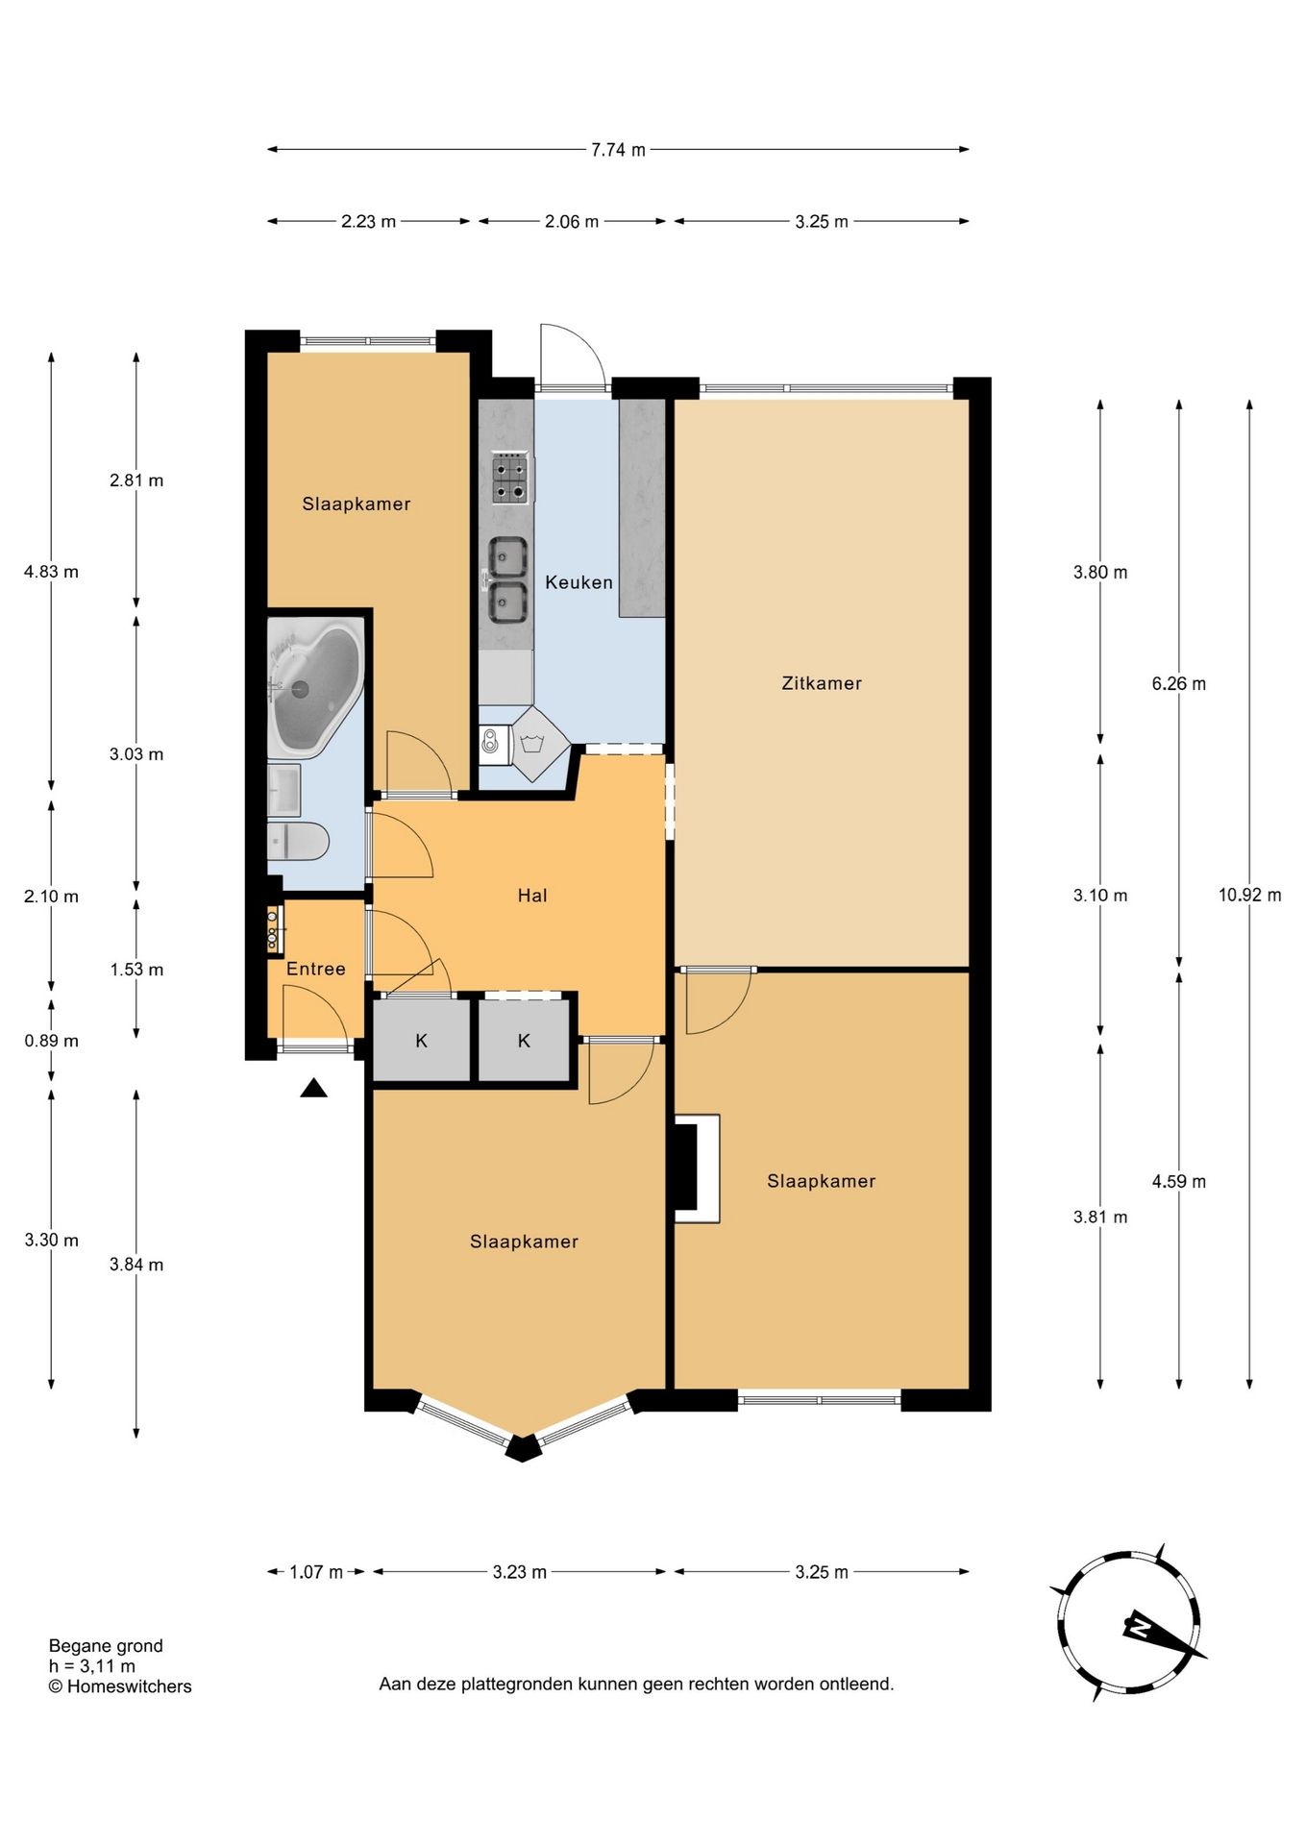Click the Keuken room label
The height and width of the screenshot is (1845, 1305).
click(x=579, y=582)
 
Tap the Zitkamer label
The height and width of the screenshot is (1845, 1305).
click(x=822, y=683)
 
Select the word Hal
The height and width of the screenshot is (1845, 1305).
click(x=532, y=896)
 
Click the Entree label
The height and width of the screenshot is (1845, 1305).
click(x=316, y=969)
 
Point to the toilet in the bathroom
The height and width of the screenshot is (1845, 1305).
click(x=298, y=842)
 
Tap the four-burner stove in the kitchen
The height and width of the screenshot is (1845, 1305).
click(x=511, y=480)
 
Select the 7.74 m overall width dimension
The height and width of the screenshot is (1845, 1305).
click(x=618, y=150)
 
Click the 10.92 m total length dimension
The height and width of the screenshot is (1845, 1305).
click(x=1249, y=895)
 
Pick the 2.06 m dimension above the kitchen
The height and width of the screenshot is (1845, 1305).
click(x=572, y=222)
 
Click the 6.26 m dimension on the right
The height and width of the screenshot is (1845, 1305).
click(x=1179, y=684)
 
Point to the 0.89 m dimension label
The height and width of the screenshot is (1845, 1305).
click(x=52, y=1041)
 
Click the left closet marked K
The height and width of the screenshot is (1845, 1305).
click(x=421, y=1041)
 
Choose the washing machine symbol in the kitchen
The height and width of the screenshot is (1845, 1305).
click(x=531, y=743)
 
